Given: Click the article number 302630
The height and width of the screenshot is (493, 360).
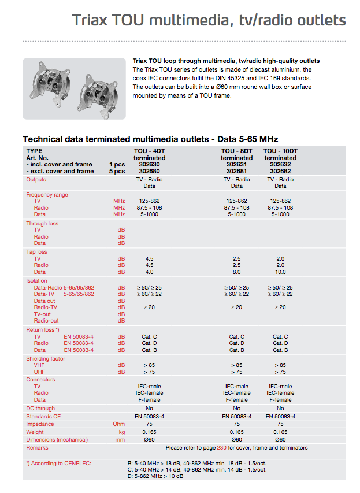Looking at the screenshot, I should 149,165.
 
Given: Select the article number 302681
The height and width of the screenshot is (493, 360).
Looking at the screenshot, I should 236,172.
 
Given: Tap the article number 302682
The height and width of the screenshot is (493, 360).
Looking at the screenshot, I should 280,172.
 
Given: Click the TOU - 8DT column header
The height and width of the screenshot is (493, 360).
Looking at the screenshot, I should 236,151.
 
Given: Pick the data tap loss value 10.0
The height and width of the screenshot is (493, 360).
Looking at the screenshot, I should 280,272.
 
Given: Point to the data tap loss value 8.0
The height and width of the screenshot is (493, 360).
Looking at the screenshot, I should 236,272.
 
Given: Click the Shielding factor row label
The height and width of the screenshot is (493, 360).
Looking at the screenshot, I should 46,359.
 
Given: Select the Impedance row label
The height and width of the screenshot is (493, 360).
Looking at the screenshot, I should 40,424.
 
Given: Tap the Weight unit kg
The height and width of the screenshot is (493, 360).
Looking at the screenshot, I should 121,432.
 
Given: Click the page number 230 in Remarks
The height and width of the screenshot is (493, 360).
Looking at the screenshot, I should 221,447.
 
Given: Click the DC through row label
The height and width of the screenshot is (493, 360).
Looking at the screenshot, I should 42,408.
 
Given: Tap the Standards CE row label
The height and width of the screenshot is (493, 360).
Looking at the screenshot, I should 43,416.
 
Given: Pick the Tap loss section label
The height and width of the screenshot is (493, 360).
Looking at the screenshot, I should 36,252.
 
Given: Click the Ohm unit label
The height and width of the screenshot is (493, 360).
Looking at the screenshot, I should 120,424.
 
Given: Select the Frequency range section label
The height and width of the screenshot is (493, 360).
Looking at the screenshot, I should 47,195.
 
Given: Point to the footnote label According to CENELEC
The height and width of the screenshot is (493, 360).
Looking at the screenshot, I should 58,463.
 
